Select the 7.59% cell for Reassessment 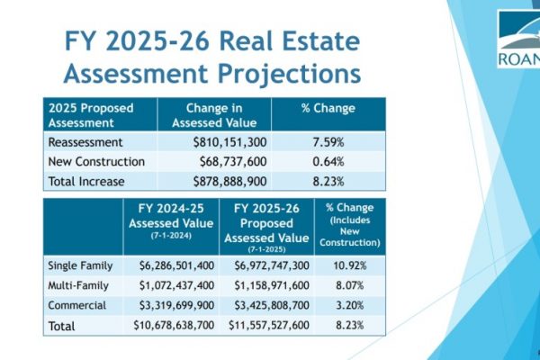click(328, 142)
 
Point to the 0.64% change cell click(328, 162)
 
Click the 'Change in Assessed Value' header click(215, 115)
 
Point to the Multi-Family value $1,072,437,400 click(171, 286)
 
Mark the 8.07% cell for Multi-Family click(349, 286)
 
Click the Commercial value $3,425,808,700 click(265, 304)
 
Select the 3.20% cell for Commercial click(349, 304)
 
